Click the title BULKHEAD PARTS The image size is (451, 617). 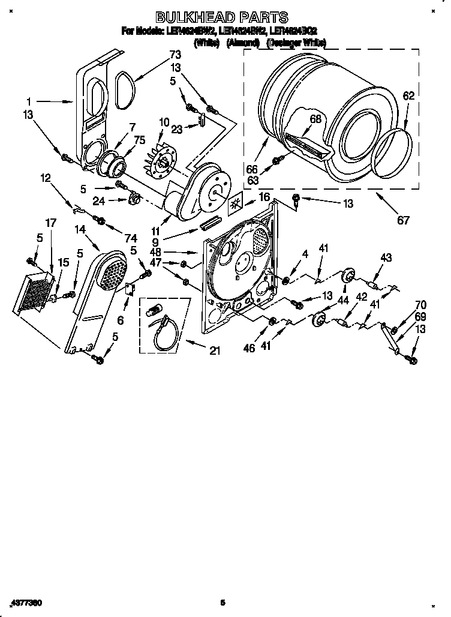click(x=222, y=18)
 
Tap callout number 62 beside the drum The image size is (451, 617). click(x=409, y=95)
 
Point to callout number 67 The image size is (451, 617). click(x=404, y=220)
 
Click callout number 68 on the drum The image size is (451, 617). click(x=316, y=119)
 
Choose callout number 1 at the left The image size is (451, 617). click(x=28, y=103)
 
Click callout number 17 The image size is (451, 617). click(x=51, y=223)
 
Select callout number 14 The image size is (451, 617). click(x=81, y=229)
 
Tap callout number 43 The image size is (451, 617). click(x=386, y=258)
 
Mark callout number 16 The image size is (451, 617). click(x=264, y=197)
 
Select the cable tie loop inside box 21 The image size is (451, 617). click(x=162, y=335)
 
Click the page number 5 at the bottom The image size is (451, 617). click(x=222, y=602)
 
